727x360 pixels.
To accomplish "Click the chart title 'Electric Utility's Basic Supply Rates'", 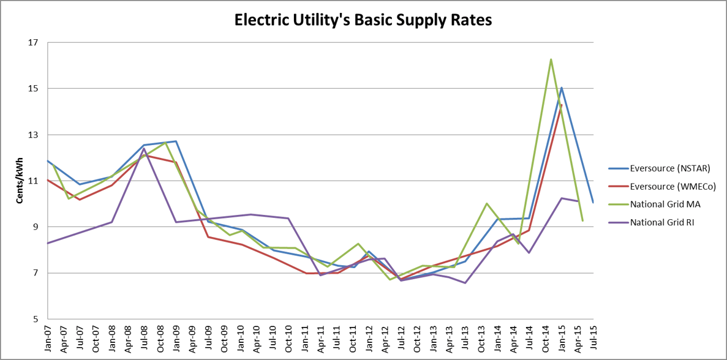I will [363, 21].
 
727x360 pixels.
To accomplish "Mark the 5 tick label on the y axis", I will [35, 319].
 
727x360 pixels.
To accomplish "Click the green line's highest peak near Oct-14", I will [551, 59].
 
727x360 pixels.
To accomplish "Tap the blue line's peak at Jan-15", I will [562, 88].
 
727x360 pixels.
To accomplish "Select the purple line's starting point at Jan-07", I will [48, 243].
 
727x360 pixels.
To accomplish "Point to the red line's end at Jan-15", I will [562, 105].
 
